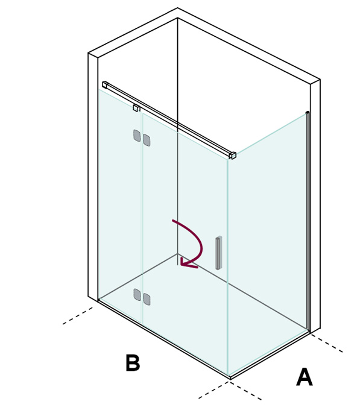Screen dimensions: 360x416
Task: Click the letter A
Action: coord(305,377)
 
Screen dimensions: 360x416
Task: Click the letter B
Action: coord(133,362)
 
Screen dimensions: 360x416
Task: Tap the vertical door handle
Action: coord(219,253)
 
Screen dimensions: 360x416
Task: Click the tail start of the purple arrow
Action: coord(173,220)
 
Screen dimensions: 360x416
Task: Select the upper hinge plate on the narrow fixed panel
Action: coord(137,136)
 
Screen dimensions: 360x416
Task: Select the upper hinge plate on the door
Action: coord(147,140)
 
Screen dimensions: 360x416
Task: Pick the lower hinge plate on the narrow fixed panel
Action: coord(137,294)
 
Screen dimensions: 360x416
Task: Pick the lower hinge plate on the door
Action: coord(147,299)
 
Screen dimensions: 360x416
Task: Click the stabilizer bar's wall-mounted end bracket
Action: coord(105,84)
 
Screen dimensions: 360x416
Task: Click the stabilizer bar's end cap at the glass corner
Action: coord(233,155)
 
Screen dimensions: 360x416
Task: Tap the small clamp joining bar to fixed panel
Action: coord(136,108)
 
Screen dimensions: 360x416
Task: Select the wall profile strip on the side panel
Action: coord(308,221)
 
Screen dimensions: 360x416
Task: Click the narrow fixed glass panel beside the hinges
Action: coord(120,207)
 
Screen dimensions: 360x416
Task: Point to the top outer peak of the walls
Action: coord(177,8)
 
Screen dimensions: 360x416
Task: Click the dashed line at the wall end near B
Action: coord(77,316)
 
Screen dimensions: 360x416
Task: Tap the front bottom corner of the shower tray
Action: coord(230,379)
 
